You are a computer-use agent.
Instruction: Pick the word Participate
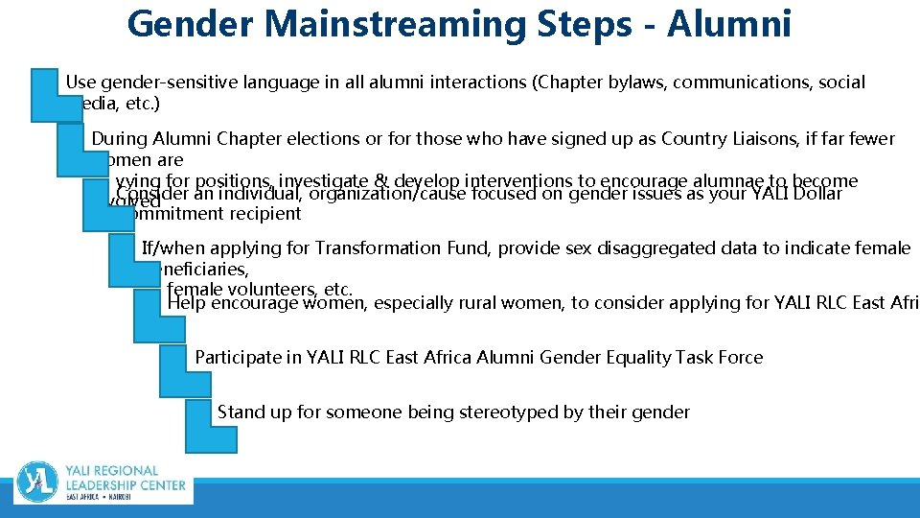240,358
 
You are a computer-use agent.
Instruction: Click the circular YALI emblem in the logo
37,482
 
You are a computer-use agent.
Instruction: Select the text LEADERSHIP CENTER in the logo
126,486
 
